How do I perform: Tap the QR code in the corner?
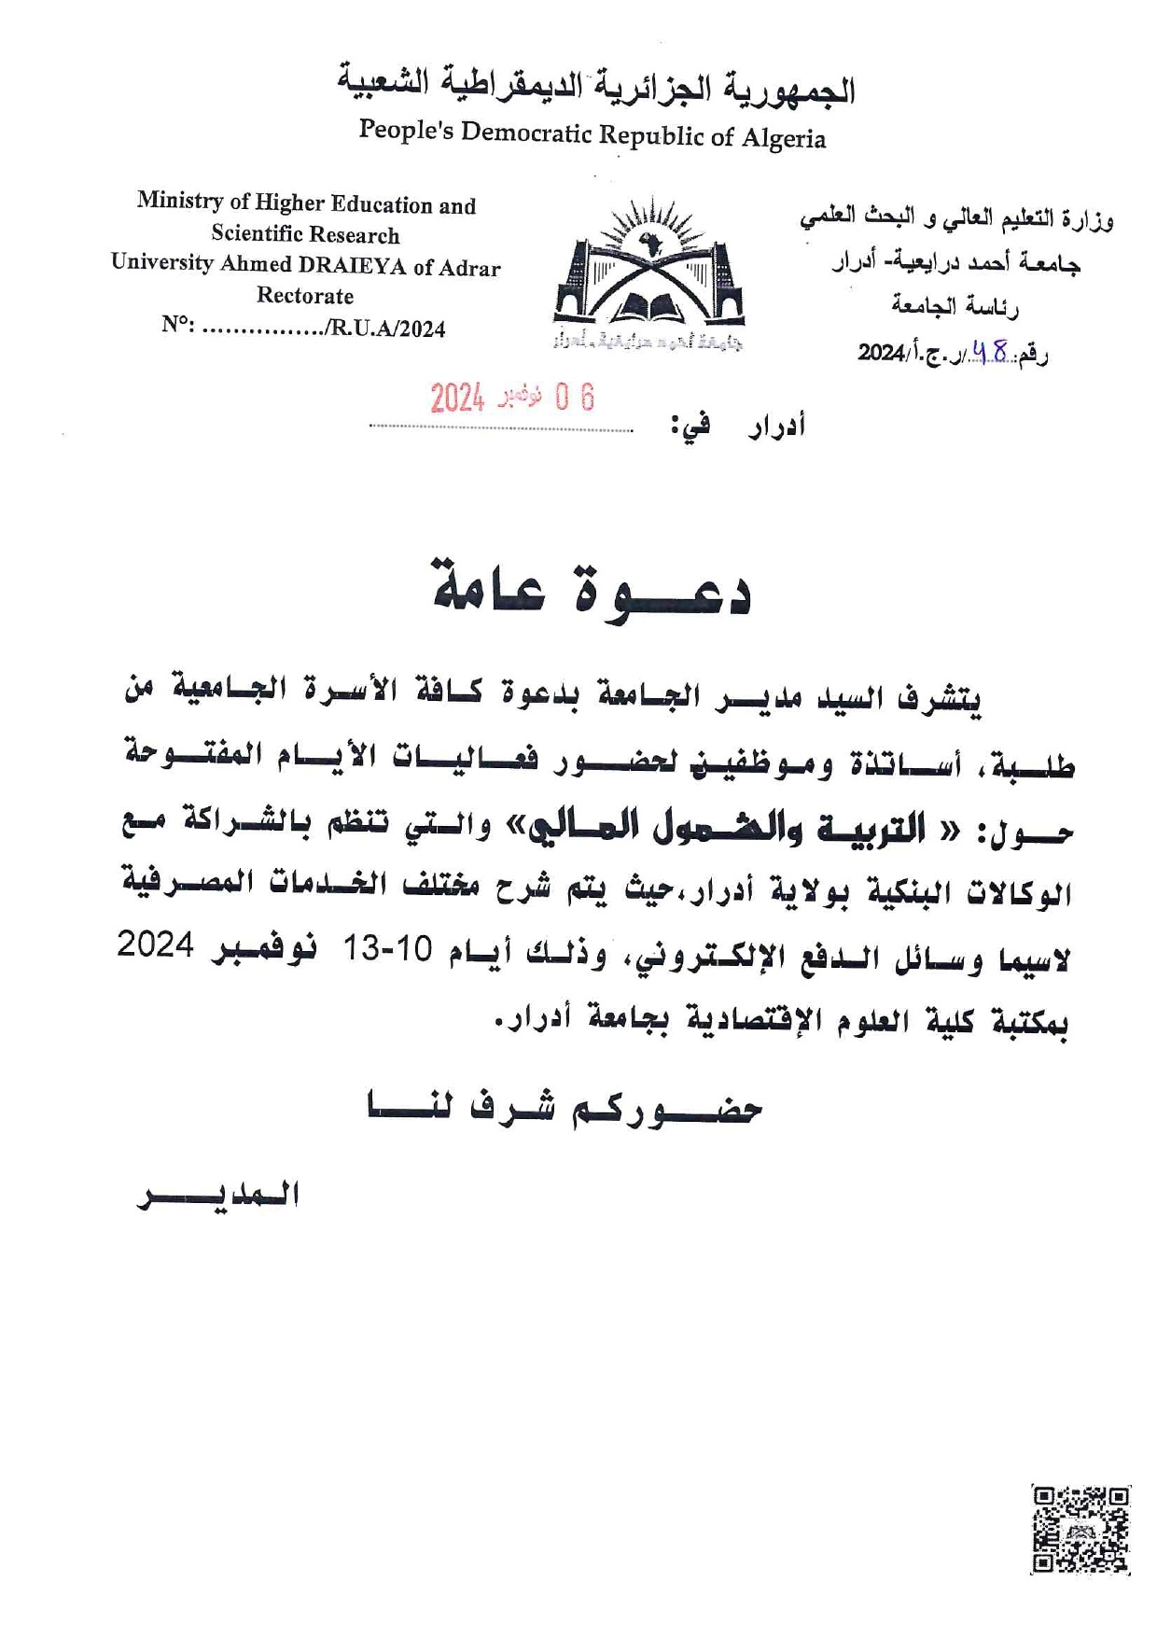coord(1080,1530)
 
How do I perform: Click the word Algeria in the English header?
coord(783,139)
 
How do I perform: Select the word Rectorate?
coord(305,297)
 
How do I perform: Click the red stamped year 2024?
coord(457,399)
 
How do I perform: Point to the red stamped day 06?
coord(574,398)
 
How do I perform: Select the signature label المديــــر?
coord(218,1196)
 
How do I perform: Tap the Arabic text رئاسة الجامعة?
coord(954,306)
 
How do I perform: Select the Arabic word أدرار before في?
coord(775,427)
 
